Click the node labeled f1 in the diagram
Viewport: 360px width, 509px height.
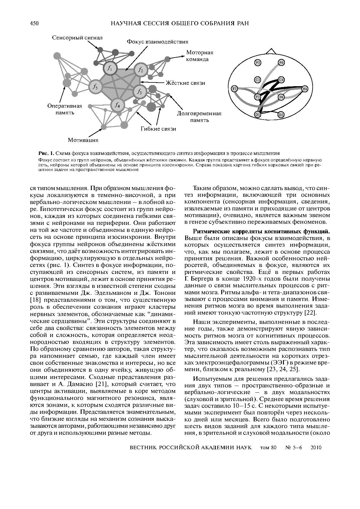[110, 68]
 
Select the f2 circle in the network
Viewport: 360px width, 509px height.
[141, 70]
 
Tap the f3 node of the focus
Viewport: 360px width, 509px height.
[140, 92]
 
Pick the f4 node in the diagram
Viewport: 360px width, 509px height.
[118, 105]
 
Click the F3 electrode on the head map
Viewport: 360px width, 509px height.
[258, 62]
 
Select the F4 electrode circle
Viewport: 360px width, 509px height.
[281, 62]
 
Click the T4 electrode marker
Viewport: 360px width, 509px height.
[305, 89]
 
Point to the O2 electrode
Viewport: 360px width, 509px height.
[281, 115]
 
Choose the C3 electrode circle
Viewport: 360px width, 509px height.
[258, 80]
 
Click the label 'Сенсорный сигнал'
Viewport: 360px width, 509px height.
[77, 38]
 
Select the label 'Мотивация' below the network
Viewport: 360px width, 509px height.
[83, 140]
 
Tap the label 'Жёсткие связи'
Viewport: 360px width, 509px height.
[186, 83]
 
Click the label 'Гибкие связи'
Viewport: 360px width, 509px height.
[159, 129]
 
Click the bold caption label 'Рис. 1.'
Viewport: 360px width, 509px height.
[46, 153]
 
